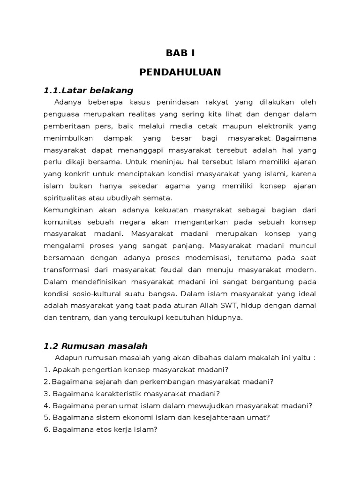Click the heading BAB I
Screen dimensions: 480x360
(180, 53)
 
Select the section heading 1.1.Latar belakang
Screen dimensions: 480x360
(89, 90)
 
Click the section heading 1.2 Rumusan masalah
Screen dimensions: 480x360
(96, 346)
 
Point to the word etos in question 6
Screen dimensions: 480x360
(98, 429)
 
